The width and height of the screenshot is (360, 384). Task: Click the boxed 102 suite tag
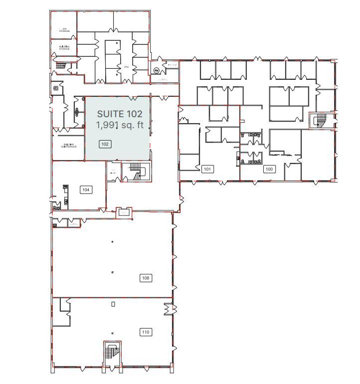click(105, 144)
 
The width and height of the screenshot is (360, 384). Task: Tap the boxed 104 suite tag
click(86, 190)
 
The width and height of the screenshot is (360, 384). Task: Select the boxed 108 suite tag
click(146, 278)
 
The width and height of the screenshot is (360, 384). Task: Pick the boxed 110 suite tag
click(146, 332)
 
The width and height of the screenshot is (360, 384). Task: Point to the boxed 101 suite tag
click(207, 169)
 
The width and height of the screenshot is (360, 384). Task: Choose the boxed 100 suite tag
click(269, 169)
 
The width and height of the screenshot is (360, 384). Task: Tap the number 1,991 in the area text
click(106, 125)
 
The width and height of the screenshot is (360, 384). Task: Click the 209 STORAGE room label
click(64, 30)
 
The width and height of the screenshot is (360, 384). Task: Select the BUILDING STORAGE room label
click(64, 47)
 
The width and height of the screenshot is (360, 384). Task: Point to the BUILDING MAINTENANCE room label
click(69, 146)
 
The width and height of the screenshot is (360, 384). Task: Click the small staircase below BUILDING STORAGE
click(61, 65)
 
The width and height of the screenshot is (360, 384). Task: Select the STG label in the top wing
click(126, 66)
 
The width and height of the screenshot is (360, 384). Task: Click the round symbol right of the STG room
click(156, 70)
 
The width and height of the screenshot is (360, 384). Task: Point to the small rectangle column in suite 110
click(113, 304)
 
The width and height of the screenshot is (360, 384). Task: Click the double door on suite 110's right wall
click(169, 309)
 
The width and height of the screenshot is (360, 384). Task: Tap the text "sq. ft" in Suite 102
click(133, 125)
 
